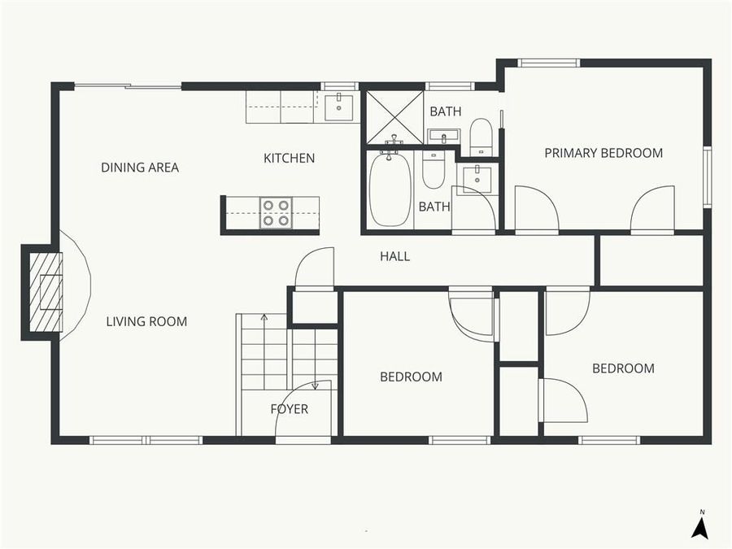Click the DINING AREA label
coord(140,168)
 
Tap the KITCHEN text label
coord(289,158)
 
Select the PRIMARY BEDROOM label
coord(603,153)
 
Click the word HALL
coord(395,257)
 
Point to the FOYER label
coord(290,409)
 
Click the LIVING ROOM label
coord(146,321)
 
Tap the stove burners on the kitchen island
coord(276,213)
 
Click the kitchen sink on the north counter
coord(338,106)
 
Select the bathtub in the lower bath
coord(390,190)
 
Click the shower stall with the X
coord(394,117)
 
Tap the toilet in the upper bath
coord(481,137)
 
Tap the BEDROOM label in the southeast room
coord(623,368)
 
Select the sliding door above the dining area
coord(127,85)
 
